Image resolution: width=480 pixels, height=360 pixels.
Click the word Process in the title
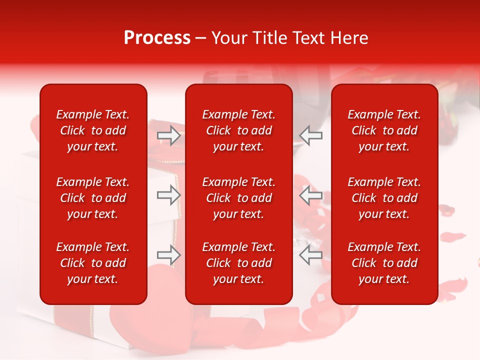click(157, 38)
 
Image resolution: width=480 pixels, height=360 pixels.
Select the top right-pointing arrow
click(168, 135)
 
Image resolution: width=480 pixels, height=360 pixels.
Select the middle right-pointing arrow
click(168, 195)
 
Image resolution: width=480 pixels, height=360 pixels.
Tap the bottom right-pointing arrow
click(168, 255)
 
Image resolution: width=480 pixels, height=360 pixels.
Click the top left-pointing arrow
click(311, 135)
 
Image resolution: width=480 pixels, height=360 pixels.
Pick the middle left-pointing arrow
click(311, 195)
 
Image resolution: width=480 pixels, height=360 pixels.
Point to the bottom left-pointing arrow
click(311, 255)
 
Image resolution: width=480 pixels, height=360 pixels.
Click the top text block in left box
click(93, 130)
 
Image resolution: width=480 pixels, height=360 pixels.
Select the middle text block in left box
click(93, 198)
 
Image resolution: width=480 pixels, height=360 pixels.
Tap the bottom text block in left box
click(93, 263)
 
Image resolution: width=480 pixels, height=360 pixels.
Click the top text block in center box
click(239, 130)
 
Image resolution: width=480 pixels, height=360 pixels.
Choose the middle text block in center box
click(239, 198)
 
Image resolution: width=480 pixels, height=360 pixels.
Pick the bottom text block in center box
click(239, 263)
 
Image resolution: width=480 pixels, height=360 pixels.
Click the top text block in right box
click(384, 130)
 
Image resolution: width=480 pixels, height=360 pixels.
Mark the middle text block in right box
click(384, 198)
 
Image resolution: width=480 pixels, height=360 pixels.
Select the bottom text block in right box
click(384, 263)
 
